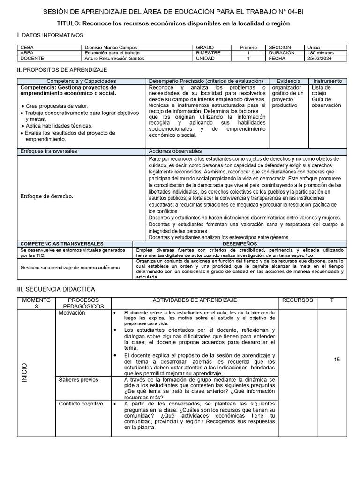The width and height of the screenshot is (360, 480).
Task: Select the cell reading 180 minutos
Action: pyautogui.click(x=320, y=53)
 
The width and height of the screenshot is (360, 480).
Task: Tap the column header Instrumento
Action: pyautogui.click(x=328, y=81)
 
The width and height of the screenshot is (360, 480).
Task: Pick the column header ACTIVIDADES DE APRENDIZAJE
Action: pyautogui.click(x=195, y=300)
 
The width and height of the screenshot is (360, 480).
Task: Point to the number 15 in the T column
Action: pyautogui.click(x=337, y=360)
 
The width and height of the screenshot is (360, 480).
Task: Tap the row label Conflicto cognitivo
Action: pyautogui.click(x=80, y=404)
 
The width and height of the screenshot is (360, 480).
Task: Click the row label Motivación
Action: pyautogui.click(x=72, y=313)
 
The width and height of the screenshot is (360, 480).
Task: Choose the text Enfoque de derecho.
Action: pyautogui.click(x=47, y=196)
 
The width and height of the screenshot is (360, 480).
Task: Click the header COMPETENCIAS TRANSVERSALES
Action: pyautogui.click(x=62, y=244)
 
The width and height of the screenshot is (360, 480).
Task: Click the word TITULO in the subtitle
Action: pyautogui.click(x=68, y=23)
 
